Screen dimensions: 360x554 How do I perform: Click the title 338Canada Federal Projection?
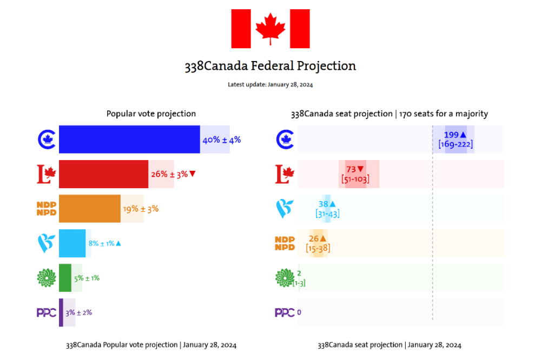pos(271,66)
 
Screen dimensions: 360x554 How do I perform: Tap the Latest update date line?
pos(271,84)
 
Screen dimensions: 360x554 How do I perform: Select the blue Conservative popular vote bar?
pos(129,139)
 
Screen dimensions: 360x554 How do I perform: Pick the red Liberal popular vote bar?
pos(103,174)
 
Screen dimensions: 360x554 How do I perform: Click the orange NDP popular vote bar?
pos(89,209)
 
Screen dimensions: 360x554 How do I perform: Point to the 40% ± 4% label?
pos(221,139)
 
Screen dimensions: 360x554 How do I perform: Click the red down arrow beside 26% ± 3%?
pos(192,174)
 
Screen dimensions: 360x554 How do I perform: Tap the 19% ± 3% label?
pos(141,209)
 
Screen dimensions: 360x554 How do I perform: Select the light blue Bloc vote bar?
pos(72,243)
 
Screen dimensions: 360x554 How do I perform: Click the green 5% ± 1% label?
pos(87,278)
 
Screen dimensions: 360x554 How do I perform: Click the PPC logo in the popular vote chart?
pos(46,312)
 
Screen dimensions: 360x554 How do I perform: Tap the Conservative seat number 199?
pos(451,135)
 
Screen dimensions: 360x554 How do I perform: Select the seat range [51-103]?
pos(355,179)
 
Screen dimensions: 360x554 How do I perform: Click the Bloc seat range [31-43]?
pos(327,214)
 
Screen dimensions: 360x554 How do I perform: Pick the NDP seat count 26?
pos(314,238)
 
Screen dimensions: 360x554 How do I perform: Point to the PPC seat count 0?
pos(299,312)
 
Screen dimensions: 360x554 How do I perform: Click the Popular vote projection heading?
pos(151,114)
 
